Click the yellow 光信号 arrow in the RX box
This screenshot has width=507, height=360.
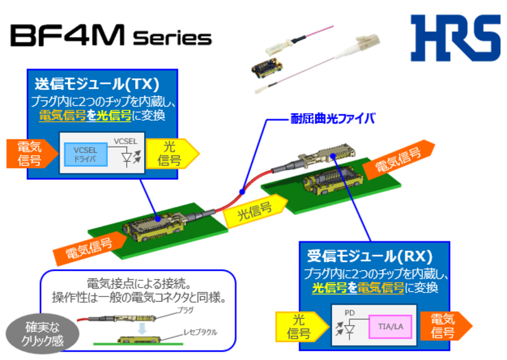point(298,326)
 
